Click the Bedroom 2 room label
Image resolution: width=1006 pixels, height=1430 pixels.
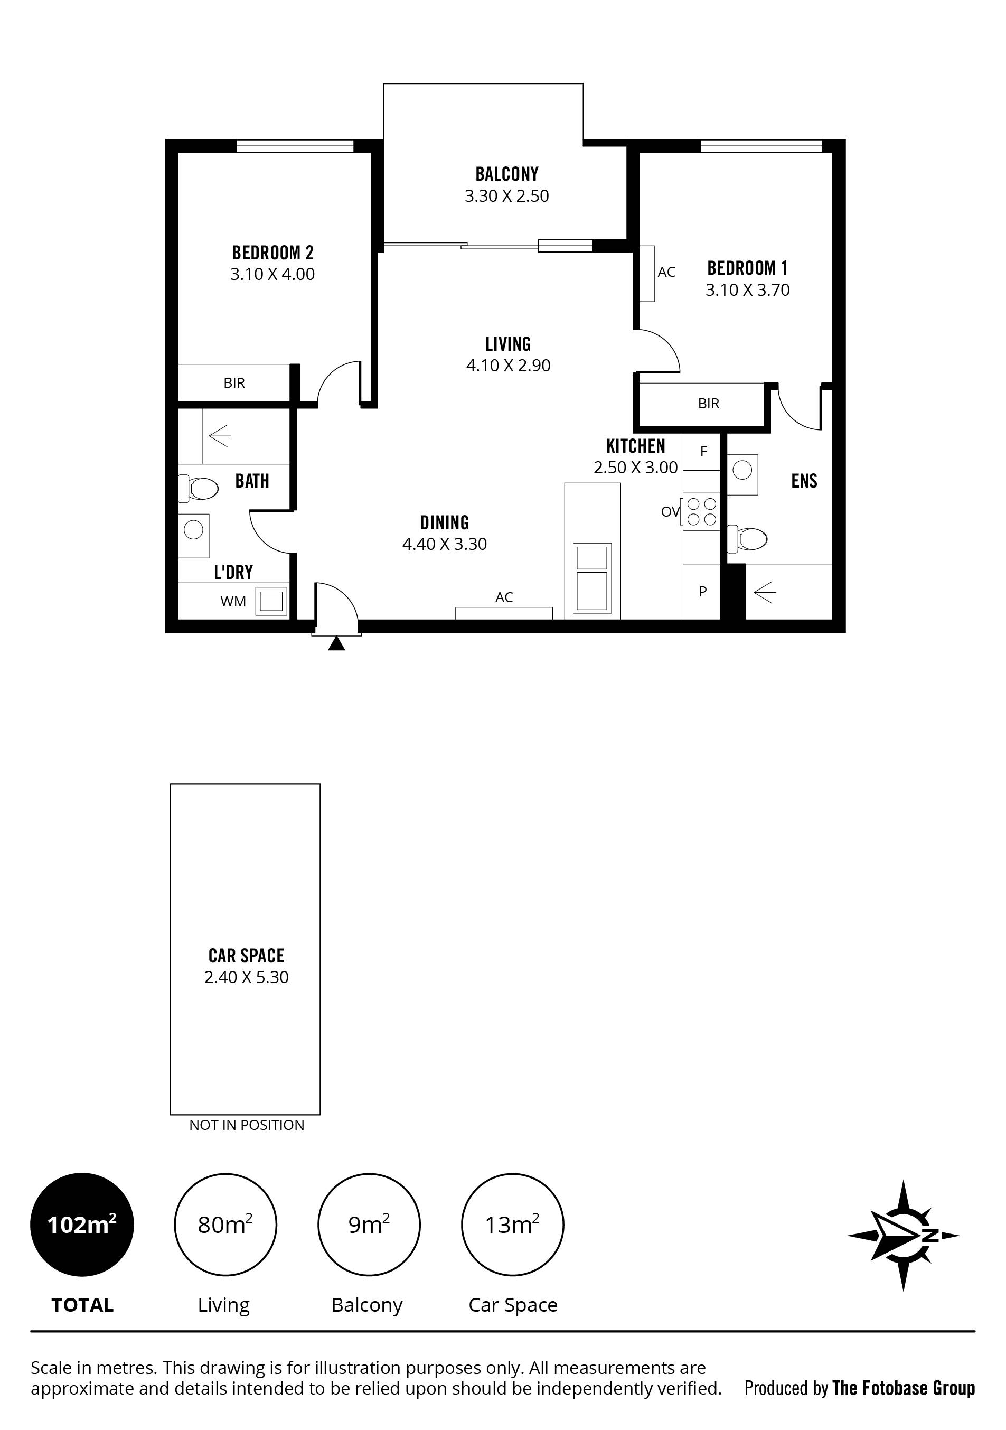[x=272, y=253]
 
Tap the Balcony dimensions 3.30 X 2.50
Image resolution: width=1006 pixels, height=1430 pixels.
[x=507, y=196]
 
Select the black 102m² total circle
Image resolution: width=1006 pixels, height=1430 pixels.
[x=82, y=1225]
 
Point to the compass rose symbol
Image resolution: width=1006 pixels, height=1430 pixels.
[x=903, y=1235]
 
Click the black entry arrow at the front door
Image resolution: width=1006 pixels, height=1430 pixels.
[x=336, y=643]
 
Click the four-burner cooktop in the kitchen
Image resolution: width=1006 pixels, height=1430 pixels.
[x=702, y=511]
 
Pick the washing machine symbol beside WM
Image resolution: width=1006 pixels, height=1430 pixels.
[x=271, y=601]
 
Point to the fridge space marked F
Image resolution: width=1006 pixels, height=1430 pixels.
[x=702, y=452]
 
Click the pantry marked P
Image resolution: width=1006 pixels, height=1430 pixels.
[x=702, y=592]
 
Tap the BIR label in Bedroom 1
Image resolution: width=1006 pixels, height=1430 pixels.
[x=709, y=404]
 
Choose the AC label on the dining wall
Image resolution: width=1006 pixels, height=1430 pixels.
[x=504, y=597]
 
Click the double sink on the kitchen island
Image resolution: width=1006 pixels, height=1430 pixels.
[x=592, y=578]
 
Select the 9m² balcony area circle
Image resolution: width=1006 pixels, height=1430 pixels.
[x=369, y=1225]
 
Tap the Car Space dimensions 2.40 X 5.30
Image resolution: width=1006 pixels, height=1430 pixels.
[x=247, y=977]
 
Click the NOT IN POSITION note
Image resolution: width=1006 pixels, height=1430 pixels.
[x=247, y=1125]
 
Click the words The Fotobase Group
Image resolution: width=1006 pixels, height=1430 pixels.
[x=903, y=1388]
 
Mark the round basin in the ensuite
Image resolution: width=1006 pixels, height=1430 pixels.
[x=742, y=470]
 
